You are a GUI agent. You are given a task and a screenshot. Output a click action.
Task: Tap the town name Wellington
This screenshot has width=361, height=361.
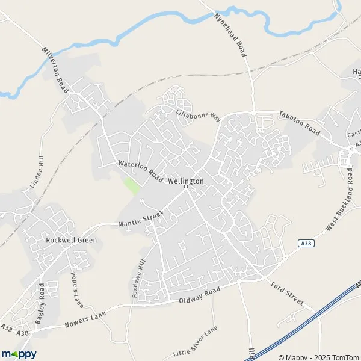pos(186,180)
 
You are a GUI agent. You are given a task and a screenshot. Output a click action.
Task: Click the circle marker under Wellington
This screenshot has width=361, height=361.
pos(186,187)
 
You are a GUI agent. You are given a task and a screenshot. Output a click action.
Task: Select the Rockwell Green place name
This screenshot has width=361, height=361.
pos(71,240)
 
